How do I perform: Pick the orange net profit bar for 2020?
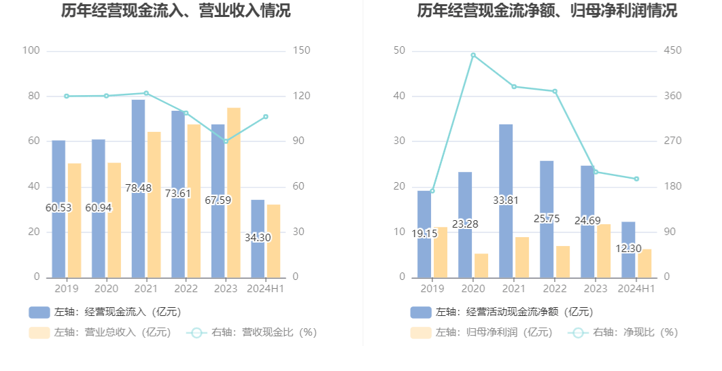(x=481, y=266)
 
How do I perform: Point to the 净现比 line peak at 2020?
(x=473, y=55)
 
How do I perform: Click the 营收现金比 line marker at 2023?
(x=226, y=141)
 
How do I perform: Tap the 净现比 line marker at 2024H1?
(x=636, y=179)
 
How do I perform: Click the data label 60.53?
(x=58, y=207)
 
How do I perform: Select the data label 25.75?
(x=547, y=218)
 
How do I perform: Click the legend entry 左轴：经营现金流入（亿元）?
(x=105, y=312)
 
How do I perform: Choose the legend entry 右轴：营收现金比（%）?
(x=252, y=332)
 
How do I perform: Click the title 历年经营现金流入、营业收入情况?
(x=175, y=11)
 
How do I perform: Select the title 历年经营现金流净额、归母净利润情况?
(x=547, y=11)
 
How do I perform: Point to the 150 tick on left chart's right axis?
(x=302, y=51)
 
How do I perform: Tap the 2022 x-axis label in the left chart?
(x=186, y=289)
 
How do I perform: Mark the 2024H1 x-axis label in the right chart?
(x=636, y=289)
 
